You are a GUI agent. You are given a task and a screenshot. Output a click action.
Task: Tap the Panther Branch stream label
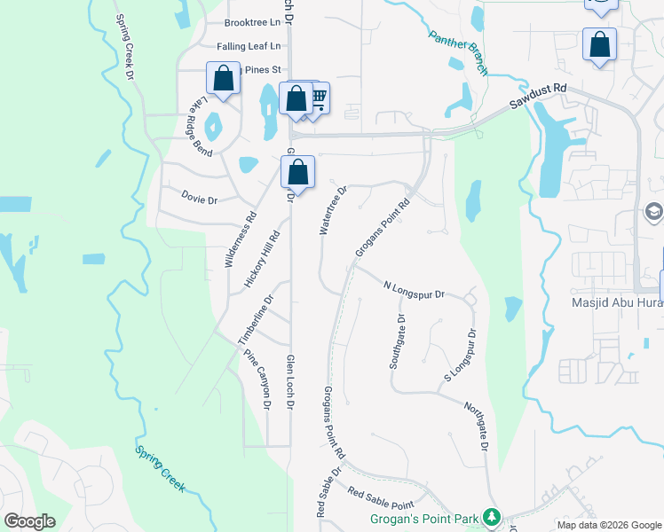tap(459, 51)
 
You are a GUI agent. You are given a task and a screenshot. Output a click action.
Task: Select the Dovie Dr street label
tap(199, 199)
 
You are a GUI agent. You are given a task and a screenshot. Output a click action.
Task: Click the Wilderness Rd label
tap(240, 239)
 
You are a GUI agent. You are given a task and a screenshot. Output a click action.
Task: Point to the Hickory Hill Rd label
tap(261, 259)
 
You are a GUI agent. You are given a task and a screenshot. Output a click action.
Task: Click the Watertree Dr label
tap(333, 210)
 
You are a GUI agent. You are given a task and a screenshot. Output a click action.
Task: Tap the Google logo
tap(29, 521)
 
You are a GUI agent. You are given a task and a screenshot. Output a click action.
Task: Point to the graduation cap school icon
tap(654, 212)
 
